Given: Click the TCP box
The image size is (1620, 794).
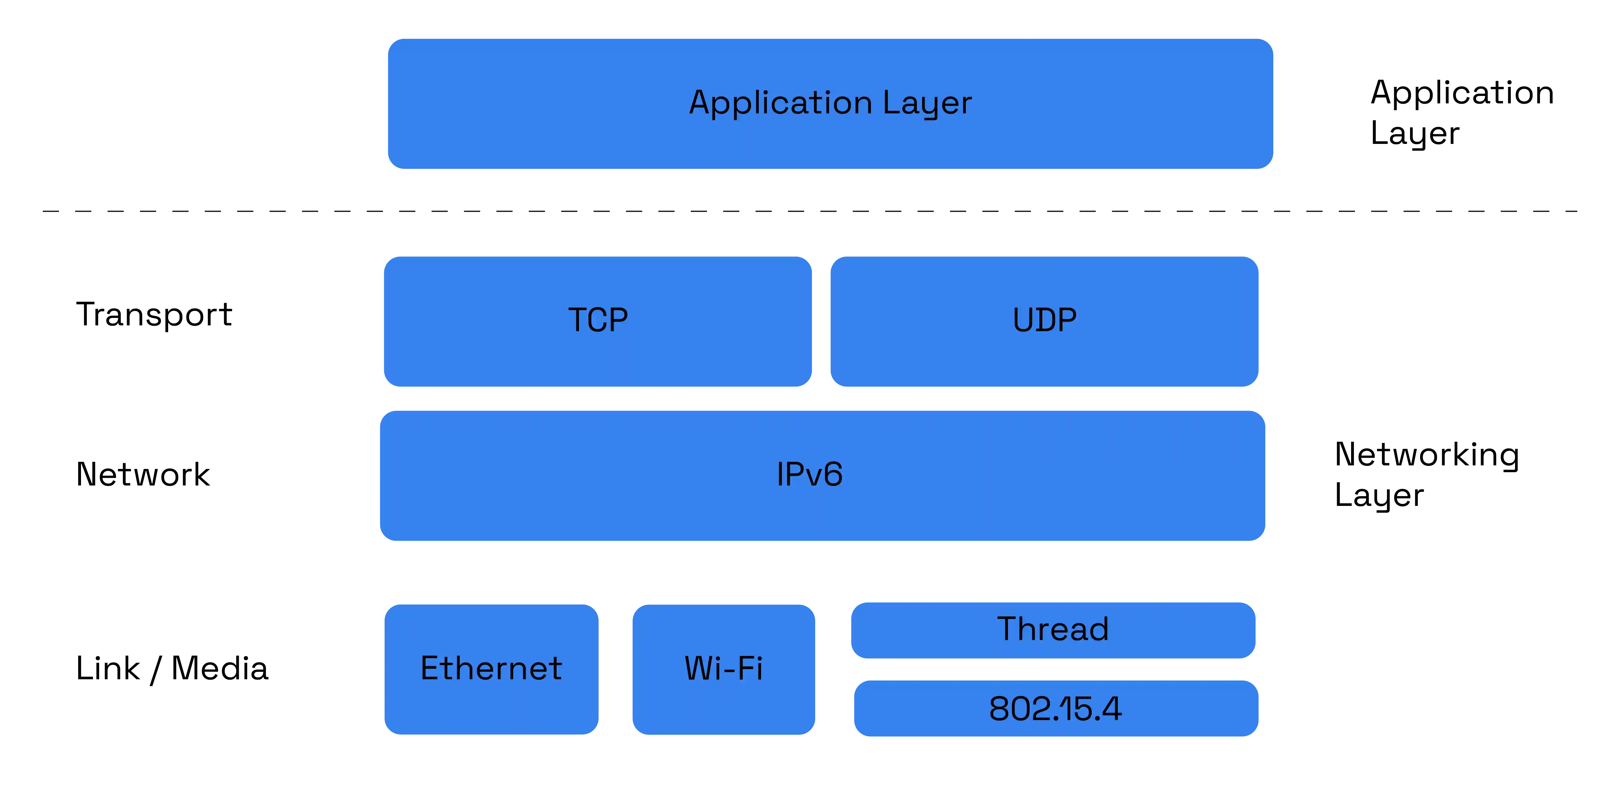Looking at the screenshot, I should click(x=597, y=321).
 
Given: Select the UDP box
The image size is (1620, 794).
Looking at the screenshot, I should click(x=1044, y=321).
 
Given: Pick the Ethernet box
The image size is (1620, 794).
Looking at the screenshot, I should click(x=491, y=669).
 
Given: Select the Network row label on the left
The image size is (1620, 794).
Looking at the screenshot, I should click(x=144, y=475).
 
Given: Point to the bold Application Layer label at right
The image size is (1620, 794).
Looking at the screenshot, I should click(x=1460, y=113).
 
